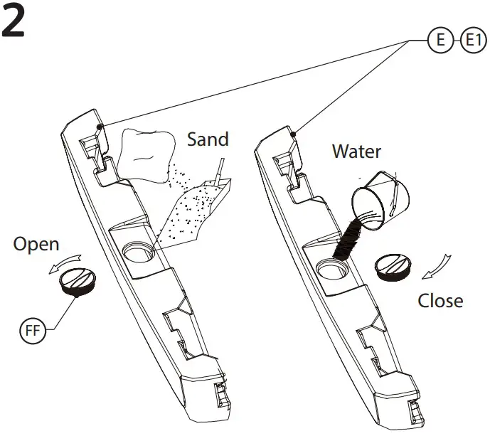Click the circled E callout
pyautogui.click(x=440, y=41)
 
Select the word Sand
pyautogui.click(x=208, y=139)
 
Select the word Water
pyautogui.click(x=356, y=151)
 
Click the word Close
pyautogui.click(x=440, y=300)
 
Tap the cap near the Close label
pyautogui.click(x=393, y=269)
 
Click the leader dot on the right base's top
pyautogui.click(x=293, y=132)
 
